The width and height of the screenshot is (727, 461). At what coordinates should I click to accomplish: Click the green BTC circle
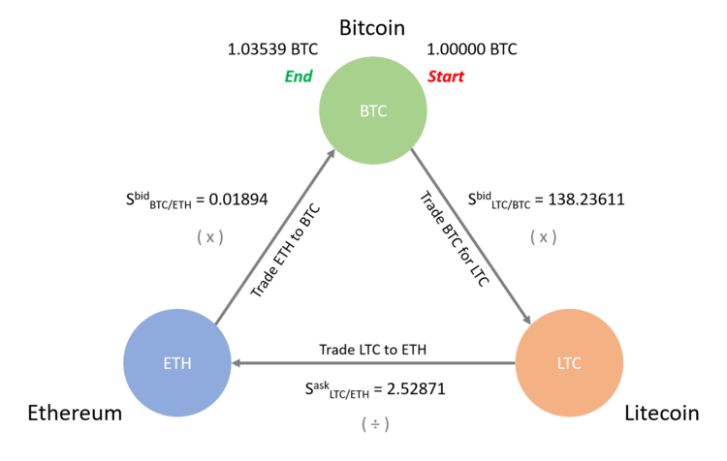(x=372, y=110)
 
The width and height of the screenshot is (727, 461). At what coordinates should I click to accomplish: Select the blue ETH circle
(x=177, y=363)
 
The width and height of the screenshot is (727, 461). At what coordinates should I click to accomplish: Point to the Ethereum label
(x=74, y=414)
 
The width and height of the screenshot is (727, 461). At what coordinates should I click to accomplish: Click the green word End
(x=298, y=77)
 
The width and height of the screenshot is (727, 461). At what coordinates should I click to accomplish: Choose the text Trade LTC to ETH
(x=373, y=349)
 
